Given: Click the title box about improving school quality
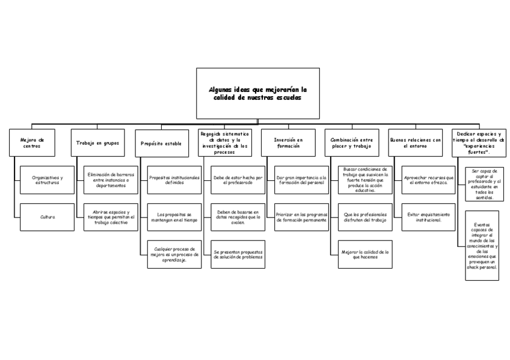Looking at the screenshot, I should pos(257,93).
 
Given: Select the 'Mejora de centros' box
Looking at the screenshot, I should pos(31,143).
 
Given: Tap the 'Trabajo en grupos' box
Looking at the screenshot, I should pos(97,143).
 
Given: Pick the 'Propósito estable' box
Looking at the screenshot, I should pos(161,144).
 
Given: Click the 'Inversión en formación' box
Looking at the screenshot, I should pos(288,143).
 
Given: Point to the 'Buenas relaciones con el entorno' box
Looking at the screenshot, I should pos(415,143).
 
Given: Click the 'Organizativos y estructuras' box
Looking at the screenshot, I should pos(47,180).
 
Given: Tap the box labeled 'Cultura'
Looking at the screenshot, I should pos(47,217).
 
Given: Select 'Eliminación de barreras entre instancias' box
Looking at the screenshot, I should pos(111,180).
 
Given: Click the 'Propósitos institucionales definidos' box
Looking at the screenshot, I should pos(174,180).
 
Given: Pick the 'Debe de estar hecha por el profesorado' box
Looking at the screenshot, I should pos(238,180).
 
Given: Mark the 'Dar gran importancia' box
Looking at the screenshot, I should pos(301,180).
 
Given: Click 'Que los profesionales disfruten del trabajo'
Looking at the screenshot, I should pos(365,217).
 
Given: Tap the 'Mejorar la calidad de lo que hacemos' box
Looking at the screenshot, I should pos(365,254).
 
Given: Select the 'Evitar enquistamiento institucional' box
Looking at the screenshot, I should pos(428,217).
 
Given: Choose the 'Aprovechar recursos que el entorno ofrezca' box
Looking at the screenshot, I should pos(428,180).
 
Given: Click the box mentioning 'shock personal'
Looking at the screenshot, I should pos(482,245).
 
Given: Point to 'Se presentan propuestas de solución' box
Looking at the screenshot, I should pos(238,254).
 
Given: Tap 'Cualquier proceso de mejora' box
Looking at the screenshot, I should pos(174,254).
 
